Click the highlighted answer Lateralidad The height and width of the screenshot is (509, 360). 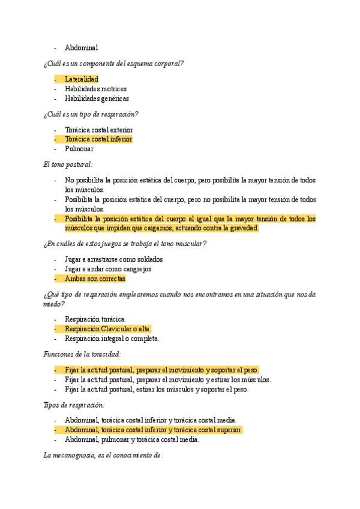tap(82, 79)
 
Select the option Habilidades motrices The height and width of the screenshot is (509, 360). tap(95, 89)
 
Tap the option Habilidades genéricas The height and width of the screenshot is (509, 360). tap(97, 98)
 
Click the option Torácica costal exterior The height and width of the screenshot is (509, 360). tap(98, 130)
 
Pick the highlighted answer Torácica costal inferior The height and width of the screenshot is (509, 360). tap(98, 139)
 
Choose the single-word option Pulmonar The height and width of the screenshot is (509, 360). tap(79, 149)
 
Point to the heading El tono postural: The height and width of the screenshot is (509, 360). tap(68, 164)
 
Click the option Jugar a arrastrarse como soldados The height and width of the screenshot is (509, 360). tap(114, 259)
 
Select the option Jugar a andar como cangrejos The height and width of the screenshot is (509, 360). tap(108, 269)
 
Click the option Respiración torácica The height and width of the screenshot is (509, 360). tap(95, 319)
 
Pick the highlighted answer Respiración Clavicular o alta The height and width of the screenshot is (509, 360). tap(108, 329)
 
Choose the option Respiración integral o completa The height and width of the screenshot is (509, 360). tap(112, 339)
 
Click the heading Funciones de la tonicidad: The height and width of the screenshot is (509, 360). tap(82, 354)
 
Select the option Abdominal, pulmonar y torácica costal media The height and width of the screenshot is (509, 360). tap(132, 439)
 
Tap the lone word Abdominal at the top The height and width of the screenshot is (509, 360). tap(82, 47)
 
